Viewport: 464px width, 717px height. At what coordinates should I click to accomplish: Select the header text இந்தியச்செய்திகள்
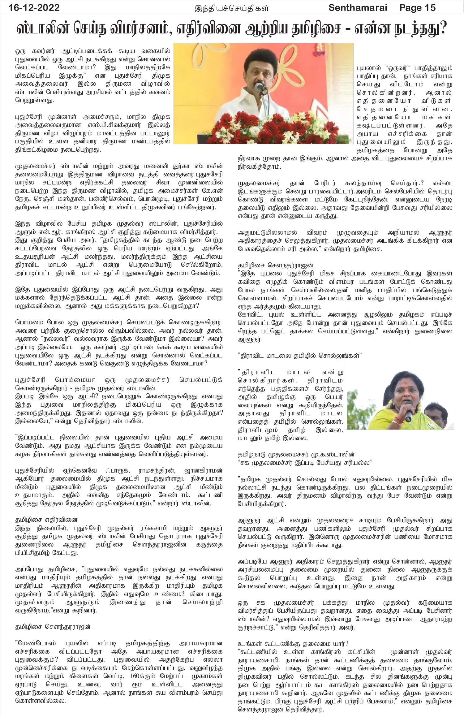232,8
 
